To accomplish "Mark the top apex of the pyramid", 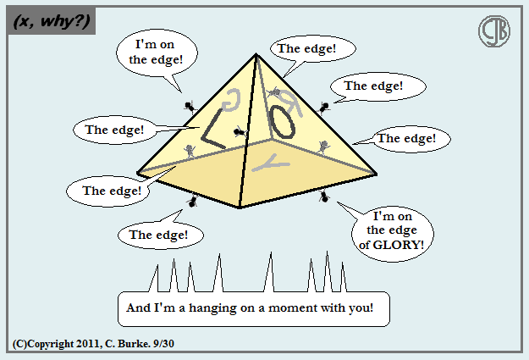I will pos(256,55).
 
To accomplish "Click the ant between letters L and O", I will pos(241,132).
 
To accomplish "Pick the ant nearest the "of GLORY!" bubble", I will pos(324,197).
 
